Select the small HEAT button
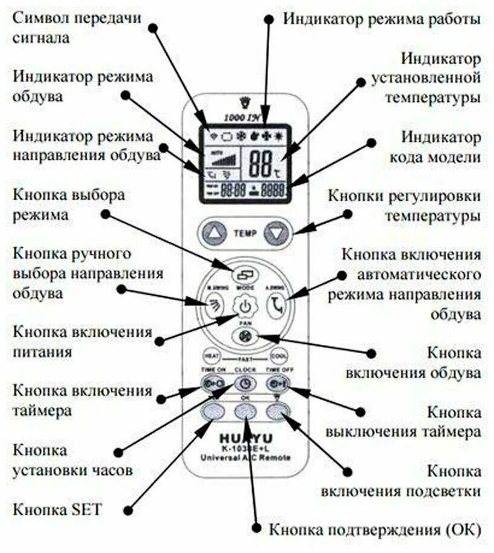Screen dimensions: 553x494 (x=210, y=356)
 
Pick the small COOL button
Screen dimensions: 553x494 (x=279, y=356)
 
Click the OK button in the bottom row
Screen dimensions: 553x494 (x=245, y=411)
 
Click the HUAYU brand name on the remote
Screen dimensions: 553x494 (x=245, y=437)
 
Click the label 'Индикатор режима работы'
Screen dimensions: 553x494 (x=382, y=19)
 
